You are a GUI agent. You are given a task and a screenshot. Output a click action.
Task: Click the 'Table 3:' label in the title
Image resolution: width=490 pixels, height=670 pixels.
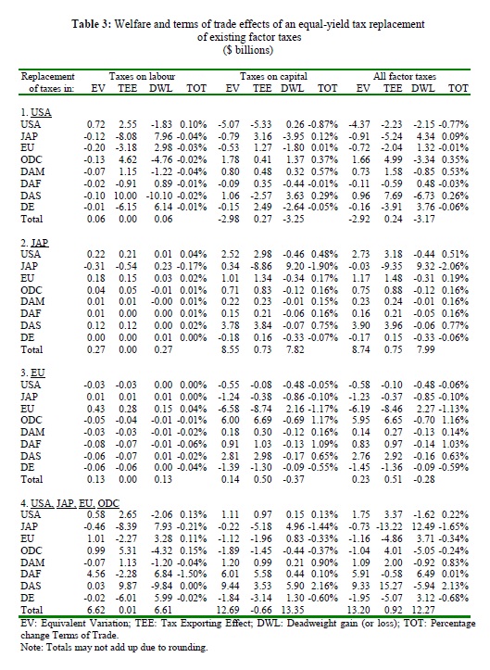pos(92,24)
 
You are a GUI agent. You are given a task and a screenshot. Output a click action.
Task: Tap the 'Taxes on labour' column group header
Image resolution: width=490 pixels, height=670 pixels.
pos(142,77)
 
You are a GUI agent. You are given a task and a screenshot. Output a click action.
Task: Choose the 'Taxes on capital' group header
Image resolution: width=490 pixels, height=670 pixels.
pos(273,77)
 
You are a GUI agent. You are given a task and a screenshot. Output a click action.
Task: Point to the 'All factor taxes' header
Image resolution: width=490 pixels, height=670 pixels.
pos(405,77)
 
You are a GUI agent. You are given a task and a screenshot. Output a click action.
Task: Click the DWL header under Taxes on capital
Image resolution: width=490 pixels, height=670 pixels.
pos(293,88)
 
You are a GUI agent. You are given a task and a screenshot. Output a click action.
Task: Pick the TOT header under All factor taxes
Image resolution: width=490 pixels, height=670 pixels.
pos(459,88)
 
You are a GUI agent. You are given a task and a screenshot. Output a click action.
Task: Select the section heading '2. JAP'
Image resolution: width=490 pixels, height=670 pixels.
pos(34,243)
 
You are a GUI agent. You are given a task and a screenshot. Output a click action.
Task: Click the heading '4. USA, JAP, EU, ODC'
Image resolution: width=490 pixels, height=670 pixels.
pos(70,503)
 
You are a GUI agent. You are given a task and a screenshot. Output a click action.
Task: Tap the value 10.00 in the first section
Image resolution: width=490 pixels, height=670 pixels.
pos(126,196)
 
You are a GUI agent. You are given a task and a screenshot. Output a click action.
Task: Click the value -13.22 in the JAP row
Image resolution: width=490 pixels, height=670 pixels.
pos(389,526)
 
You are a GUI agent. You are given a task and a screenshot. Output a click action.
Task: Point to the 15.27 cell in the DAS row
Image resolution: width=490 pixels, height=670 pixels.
pos(391,586)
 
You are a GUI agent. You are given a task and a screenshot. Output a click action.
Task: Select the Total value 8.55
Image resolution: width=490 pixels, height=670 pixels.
pos(230,349)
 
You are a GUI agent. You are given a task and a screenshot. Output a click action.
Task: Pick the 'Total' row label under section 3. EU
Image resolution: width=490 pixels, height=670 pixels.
pos(31,479)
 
